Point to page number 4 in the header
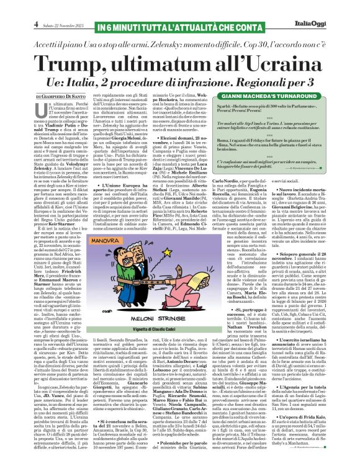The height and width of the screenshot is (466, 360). (19, 7)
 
